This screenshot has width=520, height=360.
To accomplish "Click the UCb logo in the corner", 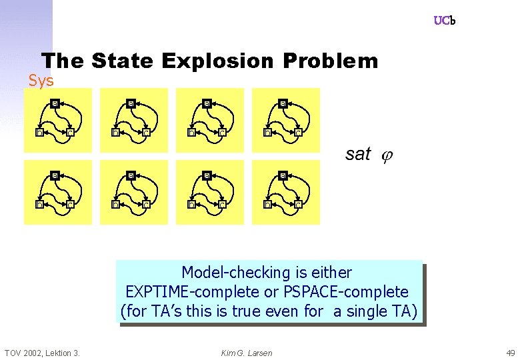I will pos(444,21).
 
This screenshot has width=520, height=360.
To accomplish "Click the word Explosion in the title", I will pos(217,61).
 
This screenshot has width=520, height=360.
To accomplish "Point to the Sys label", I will pos(41,81).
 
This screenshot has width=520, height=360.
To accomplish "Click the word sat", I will pos(358,155).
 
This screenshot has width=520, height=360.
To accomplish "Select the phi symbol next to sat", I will pos(387,156).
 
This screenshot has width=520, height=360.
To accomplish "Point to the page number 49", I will pos(510,353).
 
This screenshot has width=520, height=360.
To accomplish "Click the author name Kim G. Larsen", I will pos(247,353).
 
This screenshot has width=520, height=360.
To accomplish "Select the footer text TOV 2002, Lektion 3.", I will pos(42,353).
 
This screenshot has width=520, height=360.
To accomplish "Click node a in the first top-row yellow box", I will pos(55,103).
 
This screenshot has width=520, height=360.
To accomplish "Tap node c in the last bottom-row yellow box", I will pos(298,204).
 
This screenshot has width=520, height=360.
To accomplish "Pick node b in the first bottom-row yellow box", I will pos(39,204).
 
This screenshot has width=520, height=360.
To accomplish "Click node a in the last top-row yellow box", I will pos(283,103).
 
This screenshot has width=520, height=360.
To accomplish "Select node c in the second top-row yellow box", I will pos(146,132).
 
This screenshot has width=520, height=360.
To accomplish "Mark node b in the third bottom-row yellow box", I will pos(191,204).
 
